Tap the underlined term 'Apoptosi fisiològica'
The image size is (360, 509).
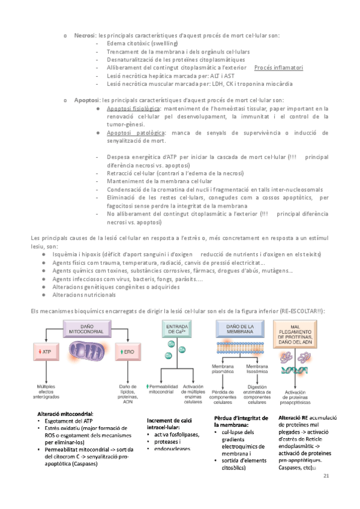tap(134, 109)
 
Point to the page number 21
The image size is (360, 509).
tap(326, 475)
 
